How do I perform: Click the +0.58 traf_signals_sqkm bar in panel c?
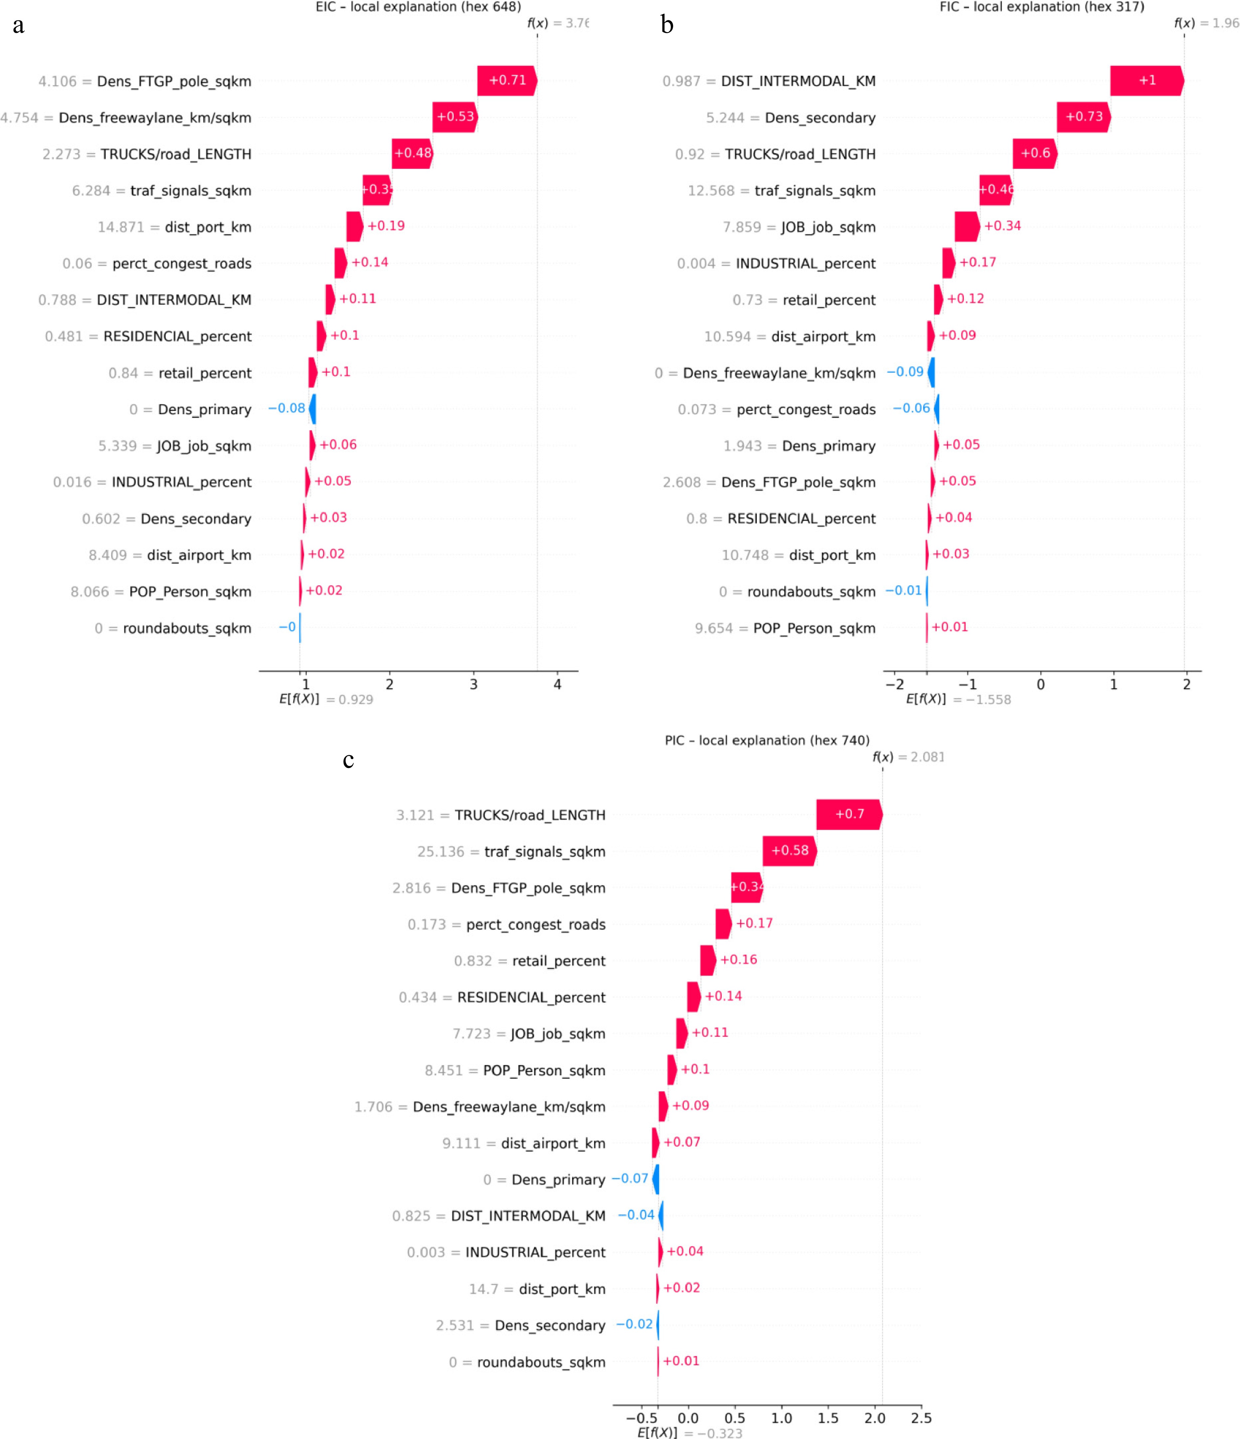(x=789, y=851)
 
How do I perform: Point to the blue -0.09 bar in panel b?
(x=932, y=372)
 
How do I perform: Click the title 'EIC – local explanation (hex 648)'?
(x=418, y=7)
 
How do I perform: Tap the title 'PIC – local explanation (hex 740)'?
(x=767, y=740)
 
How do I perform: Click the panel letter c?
(x=348, y=760)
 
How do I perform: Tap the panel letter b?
(x=667, y=25)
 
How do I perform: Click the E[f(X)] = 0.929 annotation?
(x=326, y=699)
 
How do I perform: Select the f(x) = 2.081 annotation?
(x=908, y=757)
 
